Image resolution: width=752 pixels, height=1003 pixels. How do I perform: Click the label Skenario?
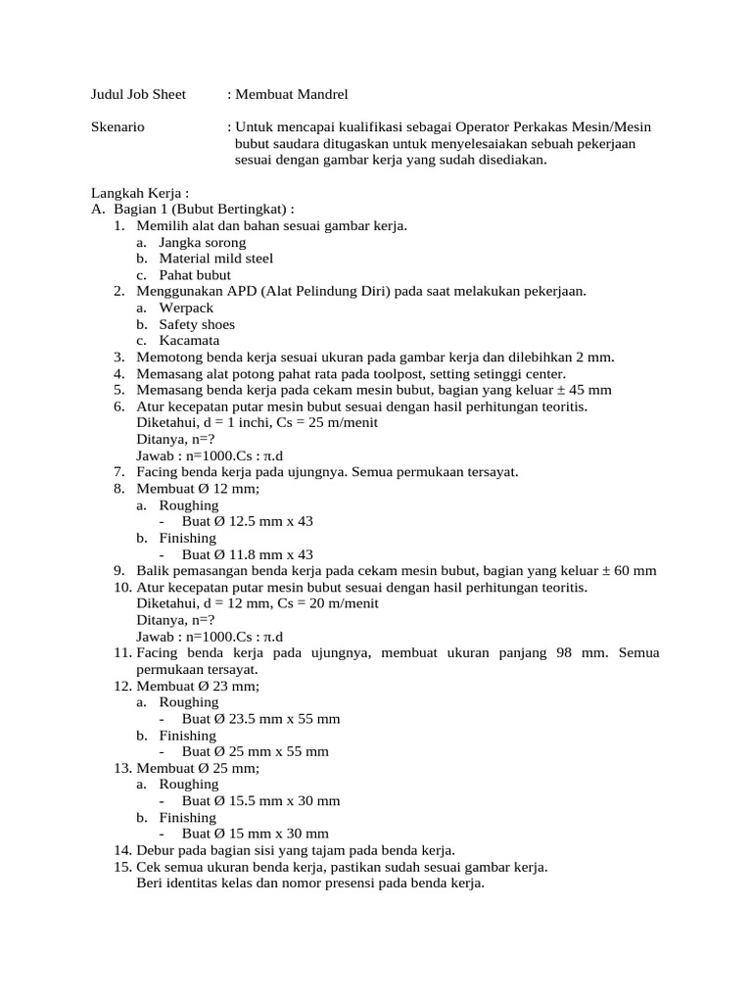coord(117,127)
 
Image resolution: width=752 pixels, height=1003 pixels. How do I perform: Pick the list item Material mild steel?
coord(216,259)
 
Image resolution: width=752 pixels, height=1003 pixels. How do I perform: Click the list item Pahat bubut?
coord(197,275)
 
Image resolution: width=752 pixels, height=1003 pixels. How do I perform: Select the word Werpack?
coord(186,308)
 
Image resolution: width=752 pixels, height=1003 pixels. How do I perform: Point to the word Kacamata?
coord(190,341)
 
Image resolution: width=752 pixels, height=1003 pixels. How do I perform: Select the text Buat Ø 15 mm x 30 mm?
coord(256,834)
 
